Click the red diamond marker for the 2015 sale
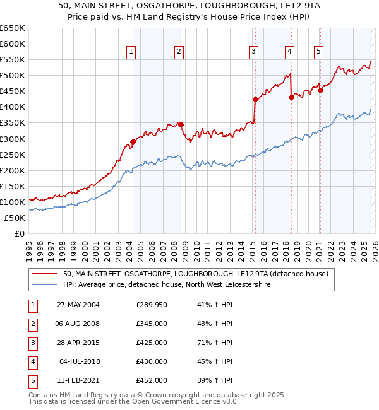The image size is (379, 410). (255, 99)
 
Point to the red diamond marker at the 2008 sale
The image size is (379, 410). (181, 124)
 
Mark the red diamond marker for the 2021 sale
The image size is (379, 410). (320, 90)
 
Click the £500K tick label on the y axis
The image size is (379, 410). (12, 76)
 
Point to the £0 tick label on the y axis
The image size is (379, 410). (20, 233)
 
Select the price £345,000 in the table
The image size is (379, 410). (152, 324)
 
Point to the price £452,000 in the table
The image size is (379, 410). (152, 380)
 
